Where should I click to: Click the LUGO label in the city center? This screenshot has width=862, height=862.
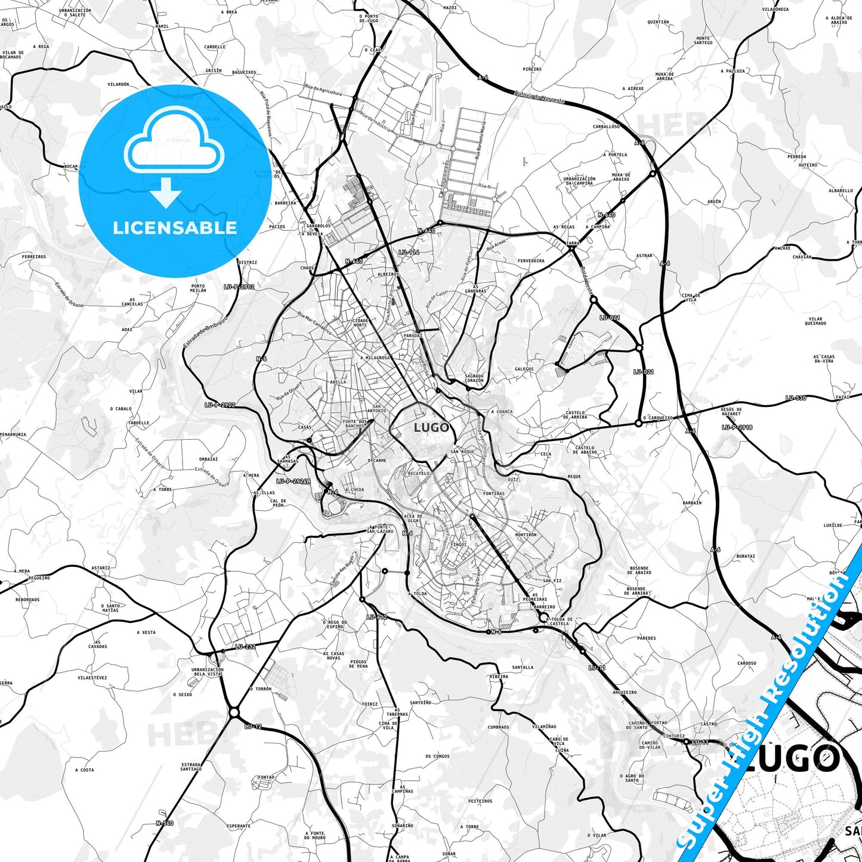click(431, 428)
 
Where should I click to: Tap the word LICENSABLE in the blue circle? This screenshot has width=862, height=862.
click(175, 227)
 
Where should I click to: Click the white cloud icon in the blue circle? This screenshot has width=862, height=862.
click(174, 147)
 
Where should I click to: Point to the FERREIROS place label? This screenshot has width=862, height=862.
click(34, 257)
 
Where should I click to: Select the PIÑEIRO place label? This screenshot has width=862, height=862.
click(532, 69)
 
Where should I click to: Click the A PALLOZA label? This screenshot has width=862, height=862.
click(733, 70)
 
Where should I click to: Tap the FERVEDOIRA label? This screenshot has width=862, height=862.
click(531, 261)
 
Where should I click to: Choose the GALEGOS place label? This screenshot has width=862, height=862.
click(524, 369)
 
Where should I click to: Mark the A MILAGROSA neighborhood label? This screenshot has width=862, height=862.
click(375, 358)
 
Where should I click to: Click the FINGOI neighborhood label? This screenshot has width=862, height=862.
click(458, 545)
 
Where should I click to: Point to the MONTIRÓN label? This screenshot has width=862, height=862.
click(526, 535)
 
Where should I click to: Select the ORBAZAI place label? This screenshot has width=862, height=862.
click(208, 459)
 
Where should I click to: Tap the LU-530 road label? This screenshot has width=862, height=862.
click(796, 398)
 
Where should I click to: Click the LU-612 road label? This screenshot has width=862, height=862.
click(377, 617)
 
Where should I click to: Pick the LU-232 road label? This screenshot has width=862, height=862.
click(245, 647)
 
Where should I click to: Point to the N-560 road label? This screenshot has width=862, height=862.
click(165, 823)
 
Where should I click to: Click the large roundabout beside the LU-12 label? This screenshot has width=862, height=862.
click(234, 712)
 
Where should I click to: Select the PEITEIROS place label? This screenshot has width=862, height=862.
click(480, 801)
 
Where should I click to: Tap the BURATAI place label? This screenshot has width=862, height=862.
click(746, 556)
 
